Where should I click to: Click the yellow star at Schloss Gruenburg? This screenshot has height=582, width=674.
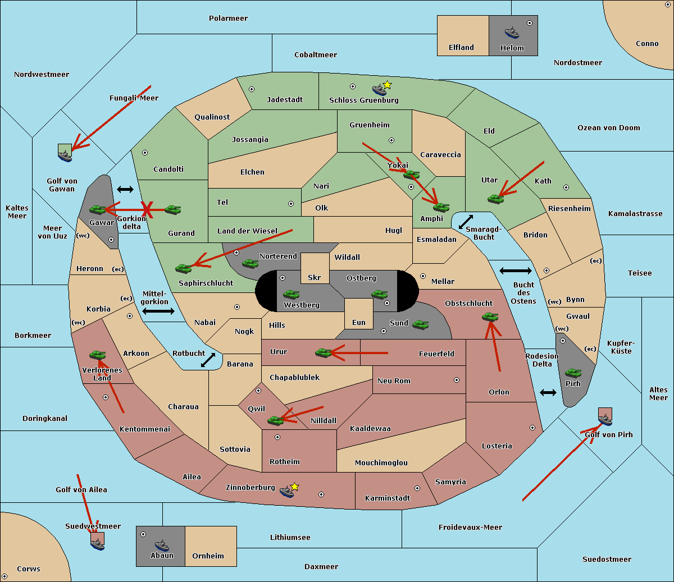387,85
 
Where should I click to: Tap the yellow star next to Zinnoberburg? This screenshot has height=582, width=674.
294,487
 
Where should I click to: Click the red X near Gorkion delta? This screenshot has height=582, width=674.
147,210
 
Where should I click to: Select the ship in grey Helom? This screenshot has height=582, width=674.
511,33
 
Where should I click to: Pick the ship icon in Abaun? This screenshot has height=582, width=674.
162,544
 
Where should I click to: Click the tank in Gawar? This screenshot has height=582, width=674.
98,209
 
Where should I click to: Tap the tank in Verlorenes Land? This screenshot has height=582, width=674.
97,355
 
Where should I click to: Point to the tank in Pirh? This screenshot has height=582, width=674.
573,373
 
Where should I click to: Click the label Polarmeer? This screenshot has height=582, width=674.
228,19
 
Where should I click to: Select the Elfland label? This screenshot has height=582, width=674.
461,48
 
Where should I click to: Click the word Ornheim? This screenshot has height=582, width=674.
208,556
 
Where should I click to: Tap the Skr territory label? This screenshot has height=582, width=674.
315,278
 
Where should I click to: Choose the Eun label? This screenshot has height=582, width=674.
359,323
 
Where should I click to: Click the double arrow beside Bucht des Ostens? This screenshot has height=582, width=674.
515,271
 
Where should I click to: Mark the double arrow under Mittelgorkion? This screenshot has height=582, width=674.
158,311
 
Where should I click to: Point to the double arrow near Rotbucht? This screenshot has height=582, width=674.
208,360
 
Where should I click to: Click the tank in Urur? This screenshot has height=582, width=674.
323,352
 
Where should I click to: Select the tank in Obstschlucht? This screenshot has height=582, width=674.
490,317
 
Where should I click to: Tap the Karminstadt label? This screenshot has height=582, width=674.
388,498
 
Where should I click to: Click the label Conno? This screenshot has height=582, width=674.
647,44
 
